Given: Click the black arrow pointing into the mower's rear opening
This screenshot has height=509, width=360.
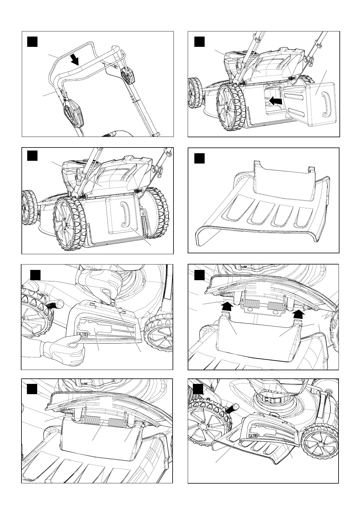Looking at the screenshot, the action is [276, 101].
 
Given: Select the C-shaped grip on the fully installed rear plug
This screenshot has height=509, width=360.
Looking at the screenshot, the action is [125, 214].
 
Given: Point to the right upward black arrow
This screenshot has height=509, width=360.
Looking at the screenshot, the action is [298, 315].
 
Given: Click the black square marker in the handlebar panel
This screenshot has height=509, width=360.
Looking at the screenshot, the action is [32, 41].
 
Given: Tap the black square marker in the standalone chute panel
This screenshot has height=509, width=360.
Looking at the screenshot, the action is [199, 158].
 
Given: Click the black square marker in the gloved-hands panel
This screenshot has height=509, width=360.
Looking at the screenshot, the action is [35, 275].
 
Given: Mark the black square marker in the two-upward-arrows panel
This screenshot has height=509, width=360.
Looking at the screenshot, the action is [199, 275].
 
